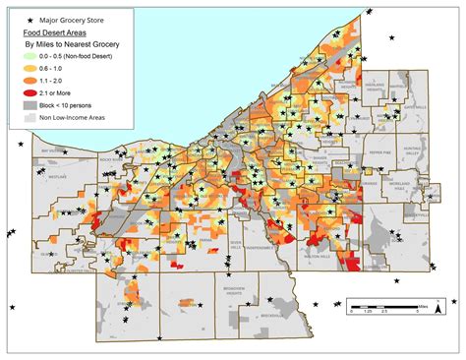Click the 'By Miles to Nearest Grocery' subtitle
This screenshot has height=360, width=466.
(x=65, y=43)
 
